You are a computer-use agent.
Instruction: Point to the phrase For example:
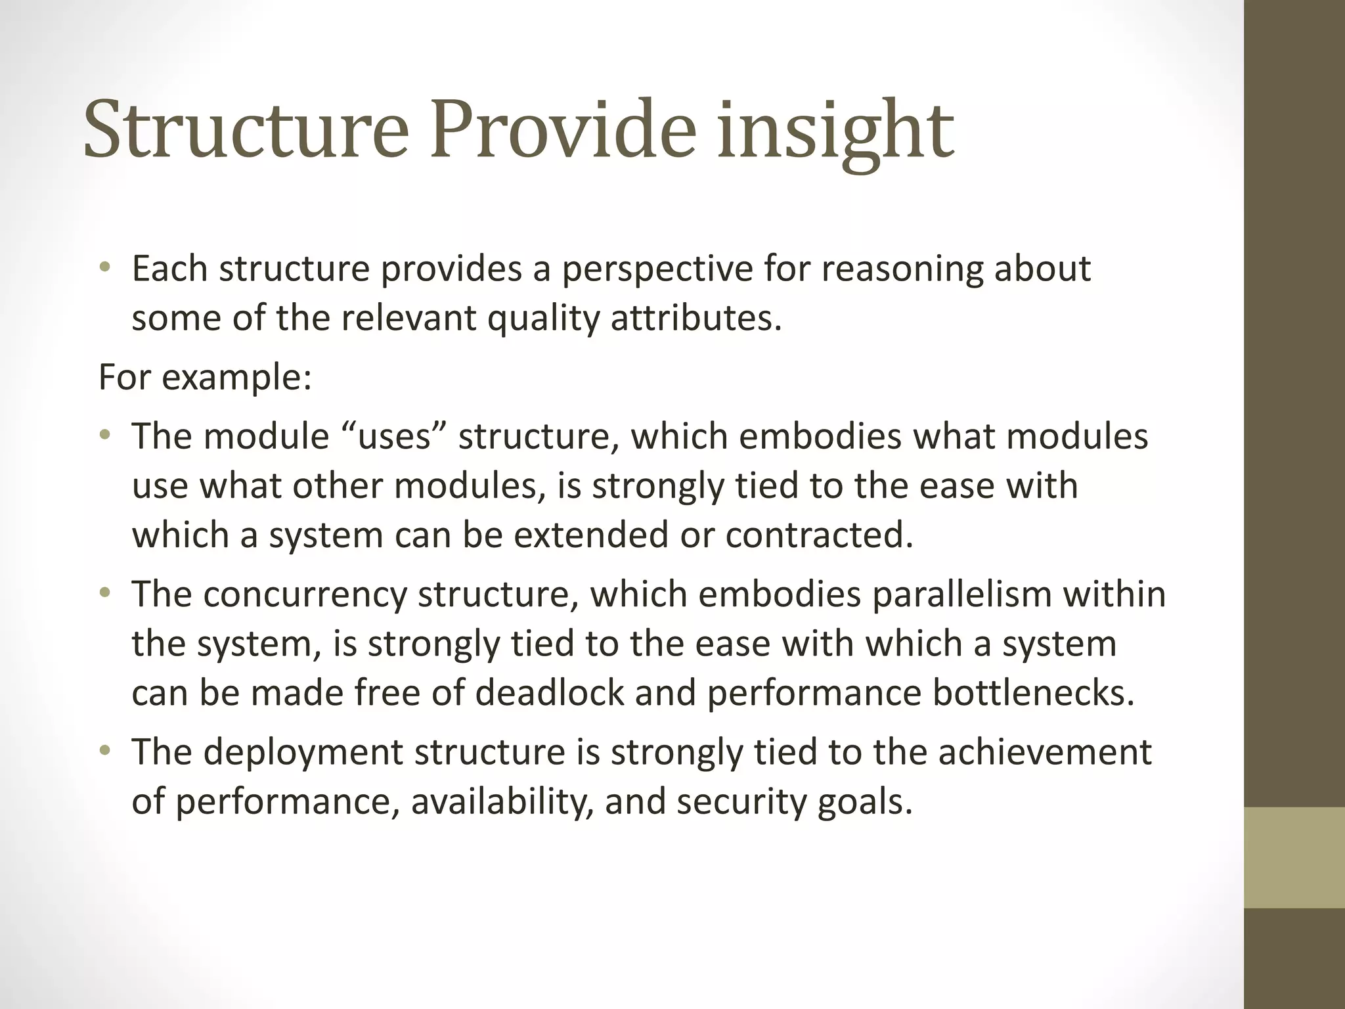click(x=205, y=378)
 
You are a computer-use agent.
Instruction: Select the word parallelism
click(x=962, y=594)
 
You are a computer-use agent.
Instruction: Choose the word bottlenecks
click(x=1033, y=693)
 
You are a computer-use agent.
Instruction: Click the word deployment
click(x=303, y=753)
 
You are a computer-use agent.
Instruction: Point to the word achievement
click(x=1044, y=753)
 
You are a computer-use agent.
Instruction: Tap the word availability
click(x=502, y=802)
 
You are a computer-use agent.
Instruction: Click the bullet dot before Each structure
click(x=105, y=268)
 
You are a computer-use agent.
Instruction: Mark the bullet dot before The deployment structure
click(x=105, y=751)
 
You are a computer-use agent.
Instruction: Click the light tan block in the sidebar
click(x=1294, y=857)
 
